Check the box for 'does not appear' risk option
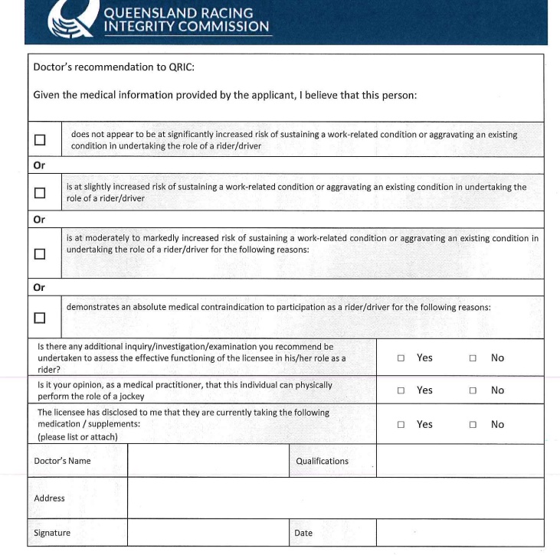click(40, 140)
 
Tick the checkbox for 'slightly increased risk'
click(40, 193)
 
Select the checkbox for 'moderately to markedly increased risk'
click(40, 253)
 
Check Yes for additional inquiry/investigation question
click(401, 357)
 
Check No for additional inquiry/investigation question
click(473, 357)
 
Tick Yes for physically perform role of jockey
click(401, 390)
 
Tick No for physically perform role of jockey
click(473, 390)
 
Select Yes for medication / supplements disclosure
click(401, 425)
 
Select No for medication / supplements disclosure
click(473, 425)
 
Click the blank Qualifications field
click(460, 461)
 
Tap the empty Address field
click(336, 498)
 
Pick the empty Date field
click(460, 533)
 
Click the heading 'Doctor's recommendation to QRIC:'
click(114, 67)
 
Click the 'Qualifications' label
click(322, 461)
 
